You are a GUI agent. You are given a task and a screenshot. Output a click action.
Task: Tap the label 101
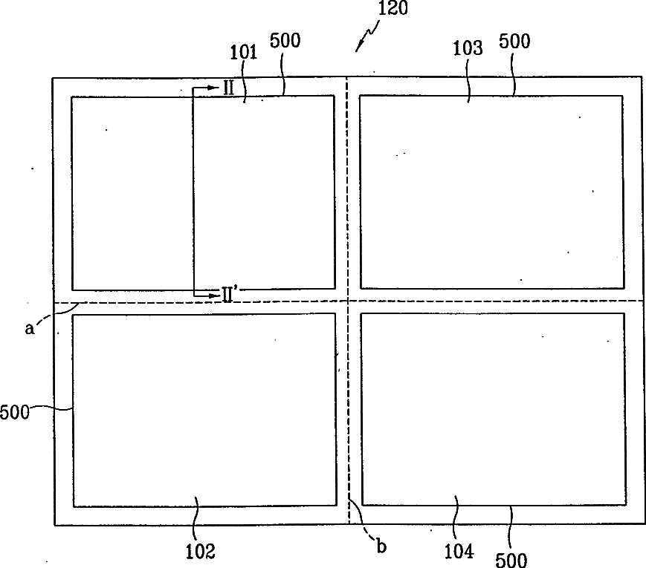coord(243,53)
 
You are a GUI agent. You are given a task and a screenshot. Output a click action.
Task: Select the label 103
coord(468,49)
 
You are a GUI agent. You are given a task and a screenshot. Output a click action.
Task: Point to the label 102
coord(200,551)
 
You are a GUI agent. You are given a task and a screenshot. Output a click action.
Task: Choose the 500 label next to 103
coord(515,42)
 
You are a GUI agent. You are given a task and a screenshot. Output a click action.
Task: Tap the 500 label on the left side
coord(14,411)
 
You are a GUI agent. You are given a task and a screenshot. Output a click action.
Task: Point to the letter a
coord(30,328)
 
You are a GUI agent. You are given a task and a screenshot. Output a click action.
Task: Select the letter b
coord(381,547)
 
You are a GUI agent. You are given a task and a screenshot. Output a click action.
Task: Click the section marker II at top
coord(229,88)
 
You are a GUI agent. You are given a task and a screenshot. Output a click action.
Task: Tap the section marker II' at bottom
coord(230,294)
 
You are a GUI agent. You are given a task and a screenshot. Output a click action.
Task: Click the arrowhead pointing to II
coord(216,88)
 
